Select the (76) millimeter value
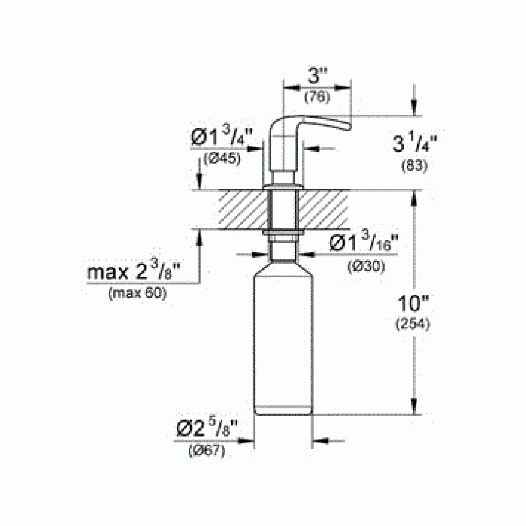coord(316,97)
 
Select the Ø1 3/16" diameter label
coord(364,244)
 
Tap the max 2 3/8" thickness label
coord(138,272)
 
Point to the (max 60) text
coord(138,293)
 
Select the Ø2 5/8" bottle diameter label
coord(207,430)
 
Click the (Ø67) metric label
coord(206,451)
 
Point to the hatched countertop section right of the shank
coord(324,209)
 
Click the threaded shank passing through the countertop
coord(283,209)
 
